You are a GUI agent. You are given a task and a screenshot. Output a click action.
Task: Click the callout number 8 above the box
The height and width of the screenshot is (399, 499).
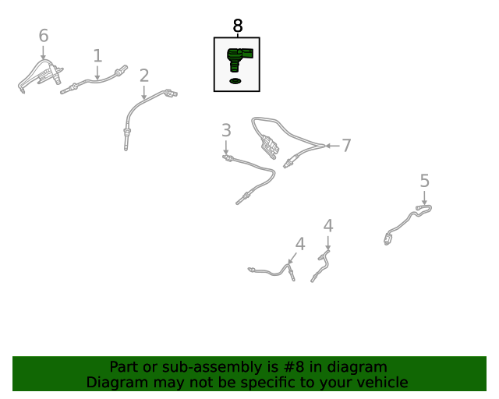click(238, 26)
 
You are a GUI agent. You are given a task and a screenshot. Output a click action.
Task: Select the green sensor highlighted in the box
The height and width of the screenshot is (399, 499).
click(239, 59)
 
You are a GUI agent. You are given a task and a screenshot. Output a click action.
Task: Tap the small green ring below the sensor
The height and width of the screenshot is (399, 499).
click(235, 81)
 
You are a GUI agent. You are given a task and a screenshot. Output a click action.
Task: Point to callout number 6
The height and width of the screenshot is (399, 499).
click(44, 35)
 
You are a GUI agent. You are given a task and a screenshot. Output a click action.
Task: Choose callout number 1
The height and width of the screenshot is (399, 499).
click(97, 55)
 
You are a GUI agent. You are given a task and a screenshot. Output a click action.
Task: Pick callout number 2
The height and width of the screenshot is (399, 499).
click(144, 76)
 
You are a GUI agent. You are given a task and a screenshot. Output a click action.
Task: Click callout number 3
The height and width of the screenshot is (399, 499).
click(226, 130)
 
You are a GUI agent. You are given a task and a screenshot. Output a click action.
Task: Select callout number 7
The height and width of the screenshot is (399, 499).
click(346, 146)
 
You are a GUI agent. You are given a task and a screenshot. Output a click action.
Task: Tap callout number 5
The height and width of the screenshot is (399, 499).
click(425, 181)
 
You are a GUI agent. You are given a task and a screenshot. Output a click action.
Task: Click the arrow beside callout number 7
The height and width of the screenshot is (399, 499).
click(332, 146)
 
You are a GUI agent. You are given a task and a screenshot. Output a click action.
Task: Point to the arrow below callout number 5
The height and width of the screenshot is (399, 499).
click(424, 198)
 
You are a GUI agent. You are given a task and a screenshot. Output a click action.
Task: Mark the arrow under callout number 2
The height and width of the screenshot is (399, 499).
click(143, 93)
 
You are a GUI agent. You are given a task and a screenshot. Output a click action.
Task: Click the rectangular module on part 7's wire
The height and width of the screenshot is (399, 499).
click(270, 147)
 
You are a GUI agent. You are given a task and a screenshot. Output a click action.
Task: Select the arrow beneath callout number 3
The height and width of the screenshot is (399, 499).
click(226, 147)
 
